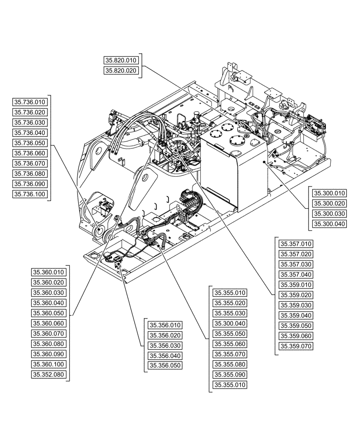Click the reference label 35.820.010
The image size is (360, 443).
tap(121, 60)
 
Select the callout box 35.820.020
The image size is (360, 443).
tap(121, 70)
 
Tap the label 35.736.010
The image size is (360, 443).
tap(30, 102)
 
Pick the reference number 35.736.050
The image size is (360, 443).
tap(30, 143)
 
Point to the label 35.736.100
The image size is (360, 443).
tap(30, 194)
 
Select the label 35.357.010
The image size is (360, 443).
tap(296, 244)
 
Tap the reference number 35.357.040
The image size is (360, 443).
tap(296, 275)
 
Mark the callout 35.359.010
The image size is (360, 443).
tap(296, 285)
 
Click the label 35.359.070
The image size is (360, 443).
tap(296, 346)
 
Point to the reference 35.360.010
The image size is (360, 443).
tap(49, 272)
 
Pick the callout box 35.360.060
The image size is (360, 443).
tap(49, 323)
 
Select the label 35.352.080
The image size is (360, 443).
tap(49, 374)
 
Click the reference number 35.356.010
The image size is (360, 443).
tap(165, 325)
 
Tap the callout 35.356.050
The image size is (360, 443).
tap(165, 366)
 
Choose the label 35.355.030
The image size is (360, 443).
tap(230, 313)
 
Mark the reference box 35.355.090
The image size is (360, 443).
tap(230, 374)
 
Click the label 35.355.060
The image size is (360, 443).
tap(230, 344)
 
